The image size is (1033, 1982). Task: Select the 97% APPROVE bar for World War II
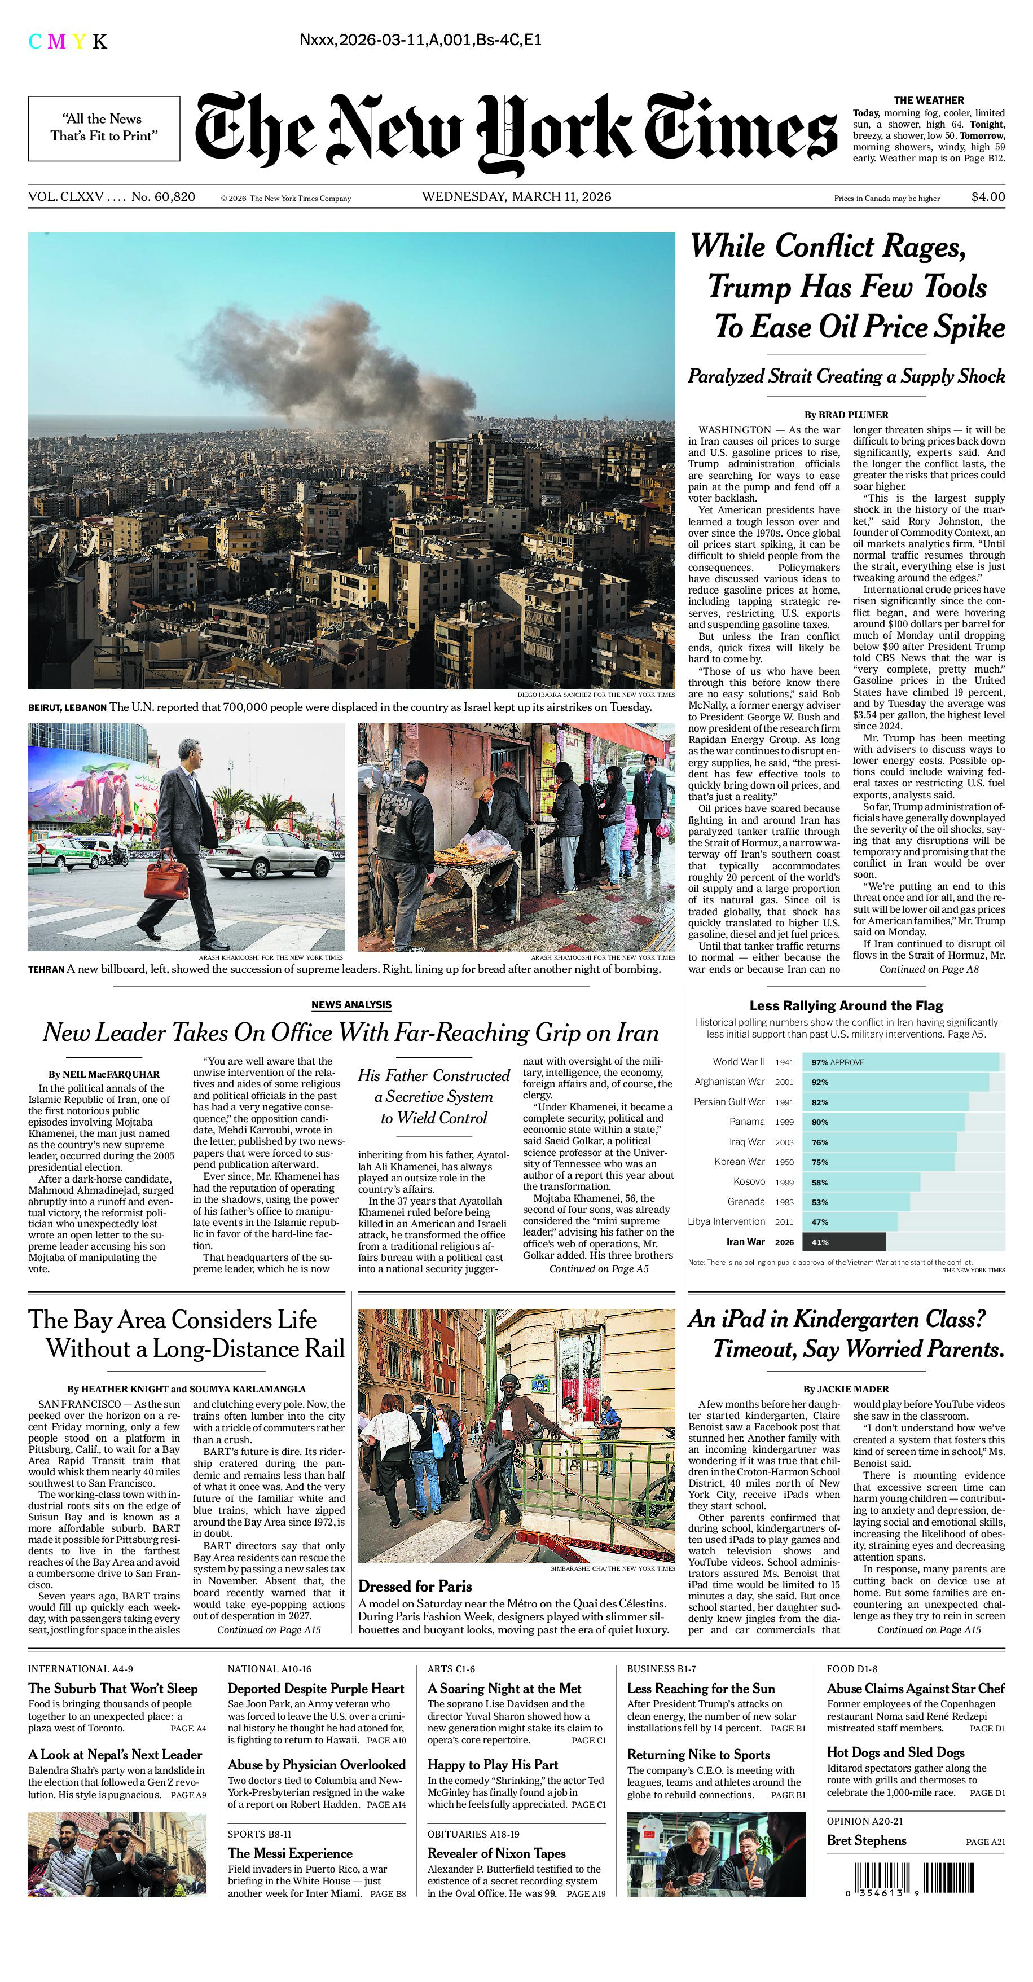[900, 1062]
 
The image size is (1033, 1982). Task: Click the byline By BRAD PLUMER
[846, 415]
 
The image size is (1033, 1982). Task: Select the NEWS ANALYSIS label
[351, 1005]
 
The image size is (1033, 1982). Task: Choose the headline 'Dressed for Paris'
[415, 1587]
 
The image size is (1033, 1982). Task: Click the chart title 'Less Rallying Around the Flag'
[846, 1005]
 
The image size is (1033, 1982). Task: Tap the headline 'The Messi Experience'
[290, 1853]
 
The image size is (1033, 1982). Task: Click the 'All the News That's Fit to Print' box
[104, 128]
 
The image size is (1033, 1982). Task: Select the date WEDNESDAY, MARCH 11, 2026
[516, 197]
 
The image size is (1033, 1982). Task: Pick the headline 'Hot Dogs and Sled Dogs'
[895, 1752]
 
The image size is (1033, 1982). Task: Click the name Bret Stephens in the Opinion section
[866, 1840]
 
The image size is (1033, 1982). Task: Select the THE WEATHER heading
[929, 100]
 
